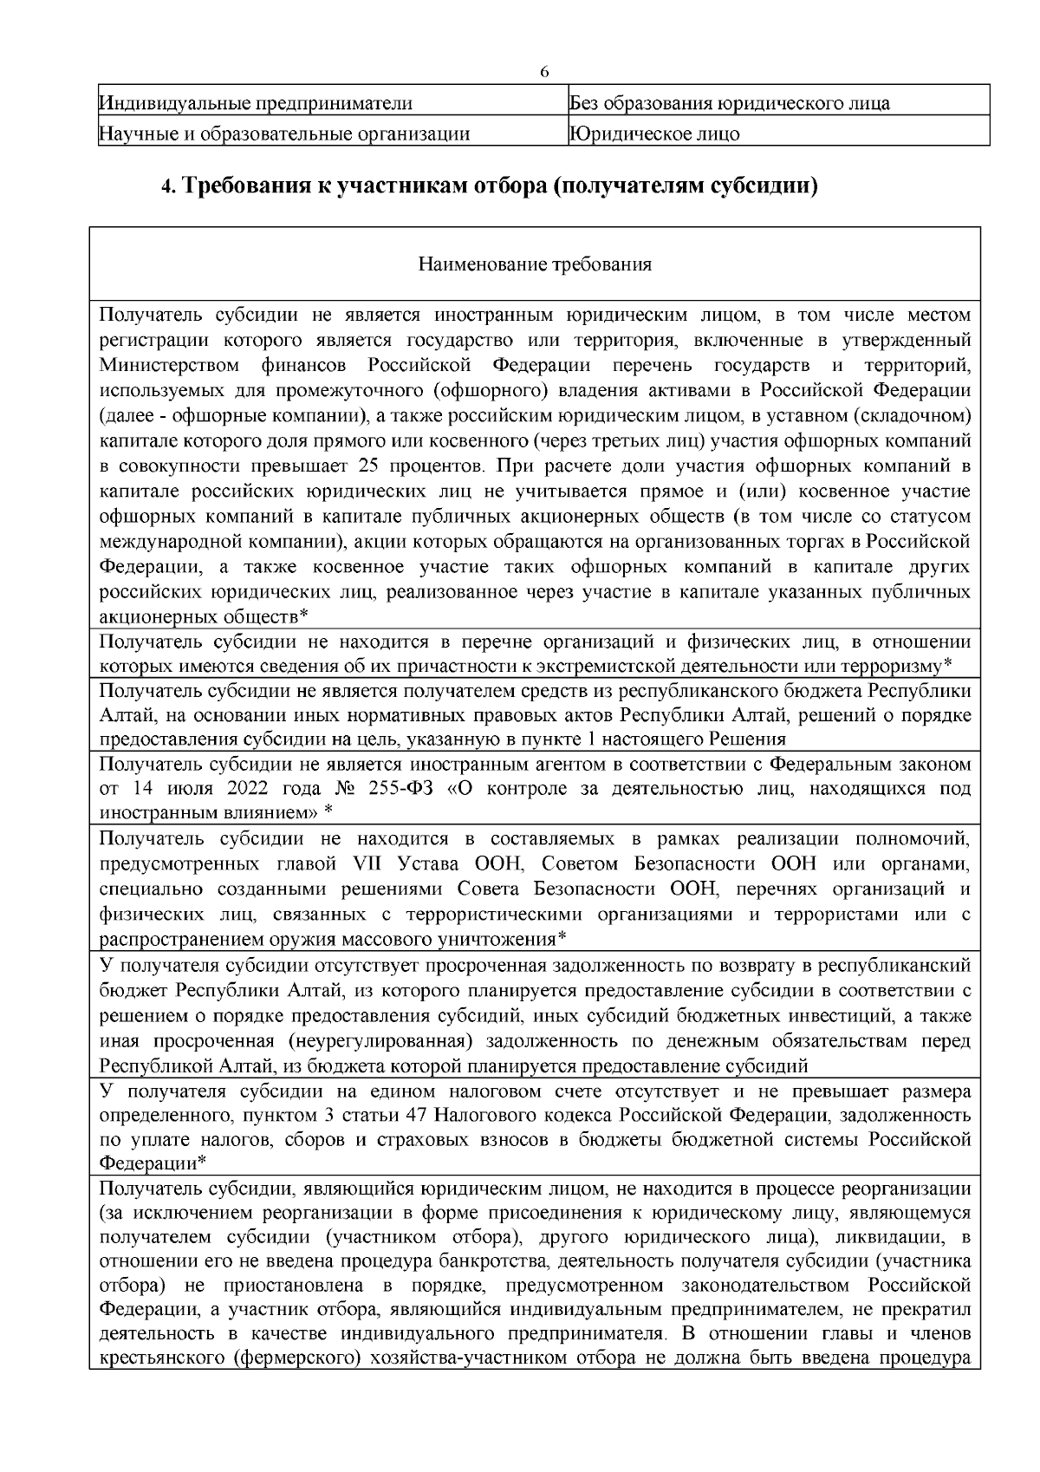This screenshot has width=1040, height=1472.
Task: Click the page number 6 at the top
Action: pos(544,71)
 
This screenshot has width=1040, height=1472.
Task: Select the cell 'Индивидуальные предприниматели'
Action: pos(257,105)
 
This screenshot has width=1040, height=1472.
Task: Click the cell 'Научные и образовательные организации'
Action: pos(285,134)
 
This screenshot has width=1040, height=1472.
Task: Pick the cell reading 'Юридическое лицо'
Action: pos(654,134)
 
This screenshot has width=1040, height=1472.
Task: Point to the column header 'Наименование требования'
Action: pos(535,264)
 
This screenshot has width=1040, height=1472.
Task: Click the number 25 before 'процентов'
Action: pos(367,466)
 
